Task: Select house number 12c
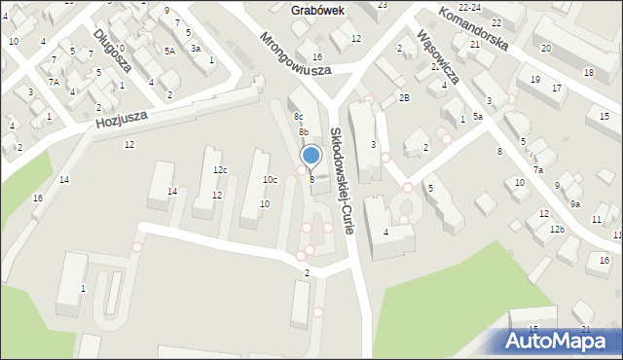coord(221,170)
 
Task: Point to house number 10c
coord(270,179)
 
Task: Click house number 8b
coord(304,131)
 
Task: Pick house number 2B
coord(403,98)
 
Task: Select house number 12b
coord(556,229)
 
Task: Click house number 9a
coord(575,203)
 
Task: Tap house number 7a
coord(538,170)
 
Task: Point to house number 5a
coord(478,117)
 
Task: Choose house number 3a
coord(196,48)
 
